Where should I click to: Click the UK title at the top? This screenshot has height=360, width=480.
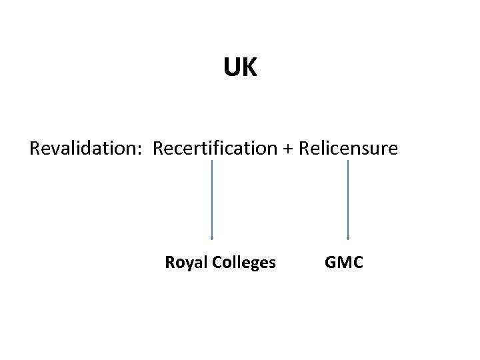240,67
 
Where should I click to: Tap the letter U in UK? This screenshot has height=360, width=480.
232,67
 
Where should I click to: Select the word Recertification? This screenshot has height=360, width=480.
215,148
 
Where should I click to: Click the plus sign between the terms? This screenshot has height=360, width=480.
287,149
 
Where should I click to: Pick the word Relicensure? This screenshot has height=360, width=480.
348,148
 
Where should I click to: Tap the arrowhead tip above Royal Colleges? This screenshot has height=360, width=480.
212,237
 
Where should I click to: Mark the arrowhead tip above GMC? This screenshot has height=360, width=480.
348,237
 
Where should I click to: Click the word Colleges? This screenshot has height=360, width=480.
244,263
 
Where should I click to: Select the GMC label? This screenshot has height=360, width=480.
344,263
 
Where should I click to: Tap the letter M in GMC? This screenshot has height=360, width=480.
344,263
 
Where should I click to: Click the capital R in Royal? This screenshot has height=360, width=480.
169,263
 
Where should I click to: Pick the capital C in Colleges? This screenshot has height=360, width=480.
217,263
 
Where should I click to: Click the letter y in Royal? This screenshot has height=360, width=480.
187,264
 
